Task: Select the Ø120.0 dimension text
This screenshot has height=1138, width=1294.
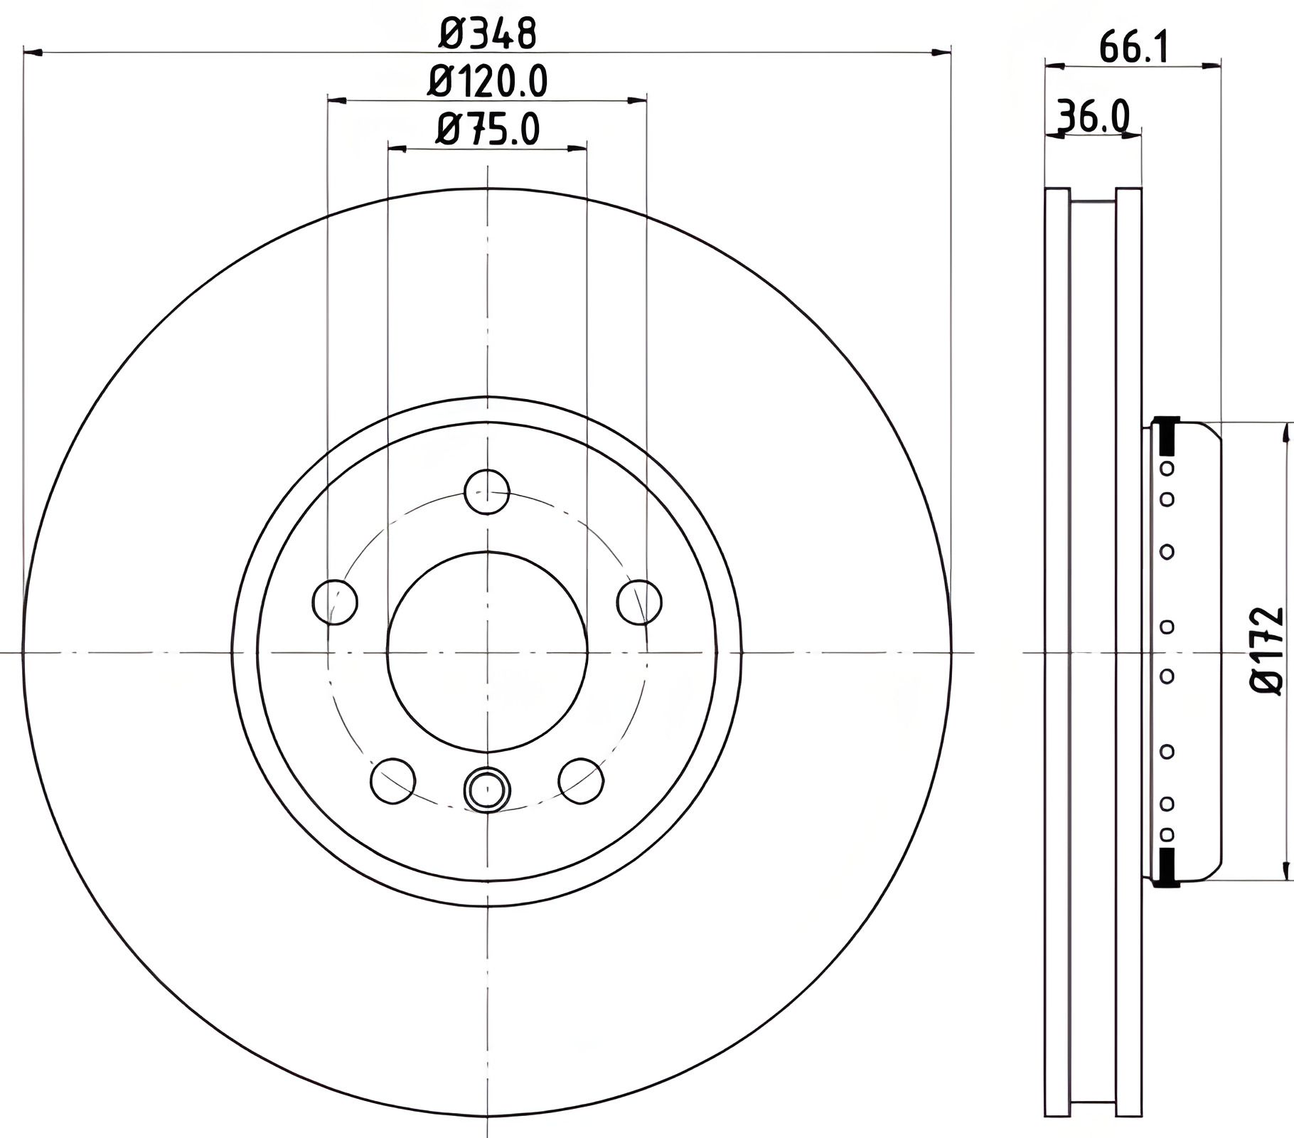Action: tap(487, 82)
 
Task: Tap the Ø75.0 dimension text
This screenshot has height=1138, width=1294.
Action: tap(487, 130)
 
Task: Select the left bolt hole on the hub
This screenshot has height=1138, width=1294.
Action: tap(334, 602)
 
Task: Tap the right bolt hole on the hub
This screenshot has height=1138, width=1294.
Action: tap(639, 602)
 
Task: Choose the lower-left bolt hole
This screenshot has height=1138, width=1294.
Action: tap(392, 781)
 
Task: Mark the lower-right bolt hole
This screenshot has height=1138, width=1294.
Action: tap(581, 781)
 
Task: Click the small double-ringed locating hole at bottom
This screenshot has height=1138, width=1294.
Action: tap(486, 788)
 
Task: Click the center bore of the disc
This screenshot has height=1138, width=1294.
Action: tap(487, 652)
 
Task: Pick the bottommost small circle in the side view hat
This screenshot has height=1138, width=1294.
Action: tap(1167, 834)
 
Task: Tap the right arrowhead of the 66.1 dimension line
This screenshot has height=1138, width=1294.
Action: tap(1212, 66)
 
